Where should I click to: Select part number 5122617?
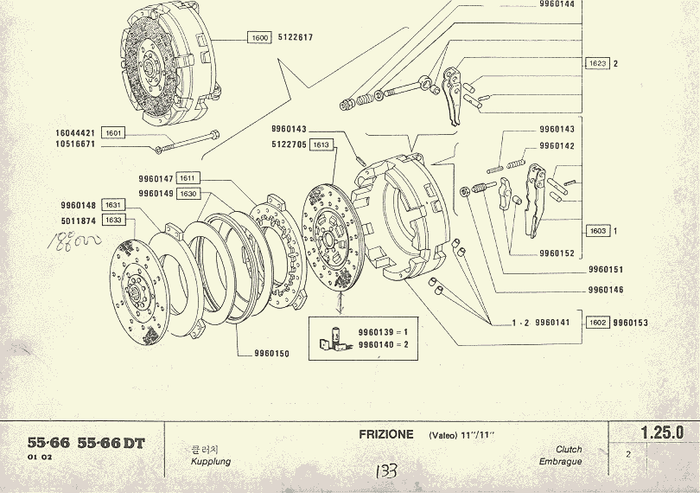pos(296,38)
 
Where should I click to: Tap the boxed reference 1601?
pos(113,132)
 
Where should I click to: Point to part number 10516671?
pos(76,144)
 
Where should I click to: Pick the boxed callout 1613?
pos(321,144)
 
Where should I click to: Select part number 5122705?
pos(288,144)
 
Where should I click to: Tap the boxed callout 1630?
pos(188,194)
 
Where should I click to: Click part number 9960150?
pos(271,354)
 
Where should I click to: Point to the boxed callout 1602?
pos(597,323)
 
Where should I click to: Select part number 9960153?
pos(630,323)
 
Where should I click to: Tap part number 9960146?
pos(605,290)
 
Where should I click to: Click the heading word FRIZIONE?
pos(386,434)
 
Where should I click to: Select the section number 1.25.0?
pos(662,432)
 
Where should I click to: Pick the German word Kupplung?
pos(210,462)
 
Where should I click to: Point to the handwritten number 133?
pos(385,472)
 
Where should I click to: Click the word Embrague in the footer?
pos(560,462)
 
